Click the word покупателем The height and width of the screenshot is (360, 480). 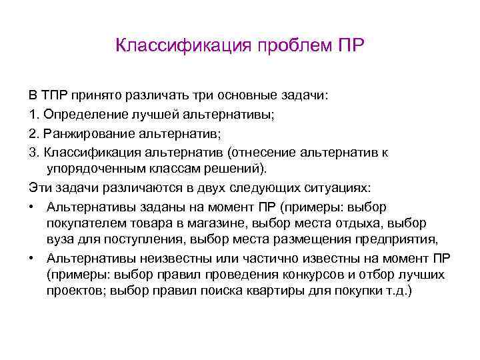click(87, 223)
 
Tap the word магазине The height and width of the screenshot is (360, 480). click(228, 223)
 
